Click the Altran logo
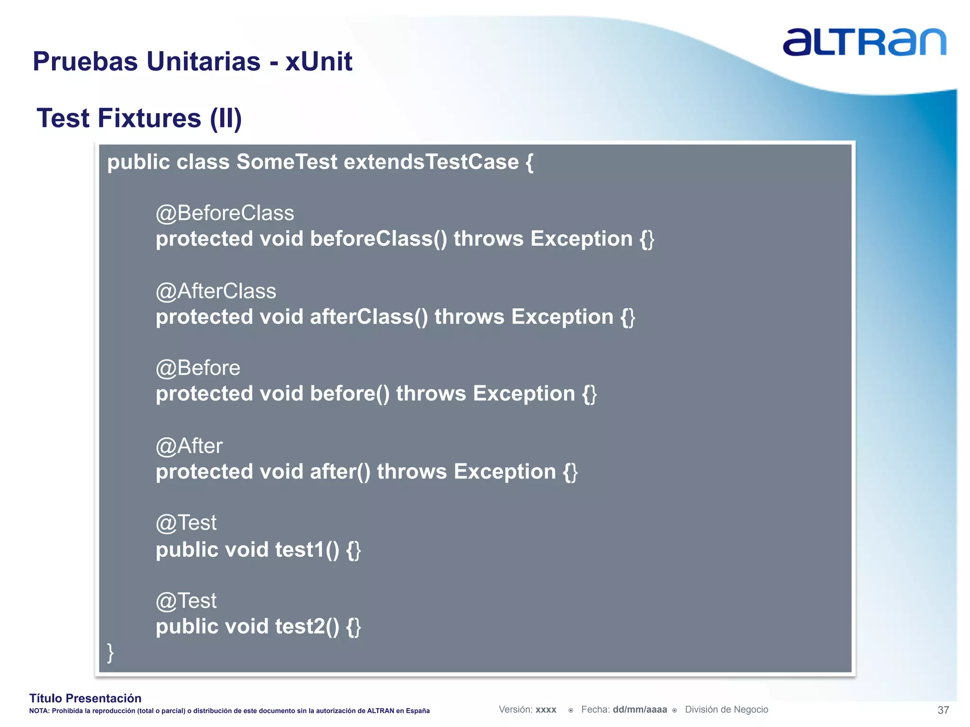tap(864, 42)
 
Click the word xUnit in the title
tap(319, 62)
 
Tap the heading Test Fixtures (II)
tap(139, 118)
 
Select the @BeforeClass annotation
tap(225, 213)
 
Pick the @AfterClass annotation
tap(216, 291)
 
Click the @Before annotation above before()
tap(198, 368)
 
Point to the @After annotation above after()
tap(189, 446)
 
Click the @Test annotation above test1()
tap(186, 523)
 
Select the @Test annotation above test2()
tap(186, 601)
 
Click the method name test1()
tap(307, 550)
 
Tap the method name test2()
tap(307, 627)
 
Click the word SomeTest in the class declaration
tap(287, 162)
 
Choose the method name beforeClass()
tap(378, 239)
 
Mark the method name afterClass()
tap(368, 317)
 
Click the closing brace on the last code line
tap(110, 653)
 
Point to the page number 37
tap(943, 710)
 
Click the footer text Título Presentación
tap(85, 698)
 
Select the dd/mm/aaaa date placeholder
tap(639, 709)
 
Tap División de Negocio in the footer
tap(726, 709)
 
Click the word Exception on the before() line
tap(524, 394)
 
